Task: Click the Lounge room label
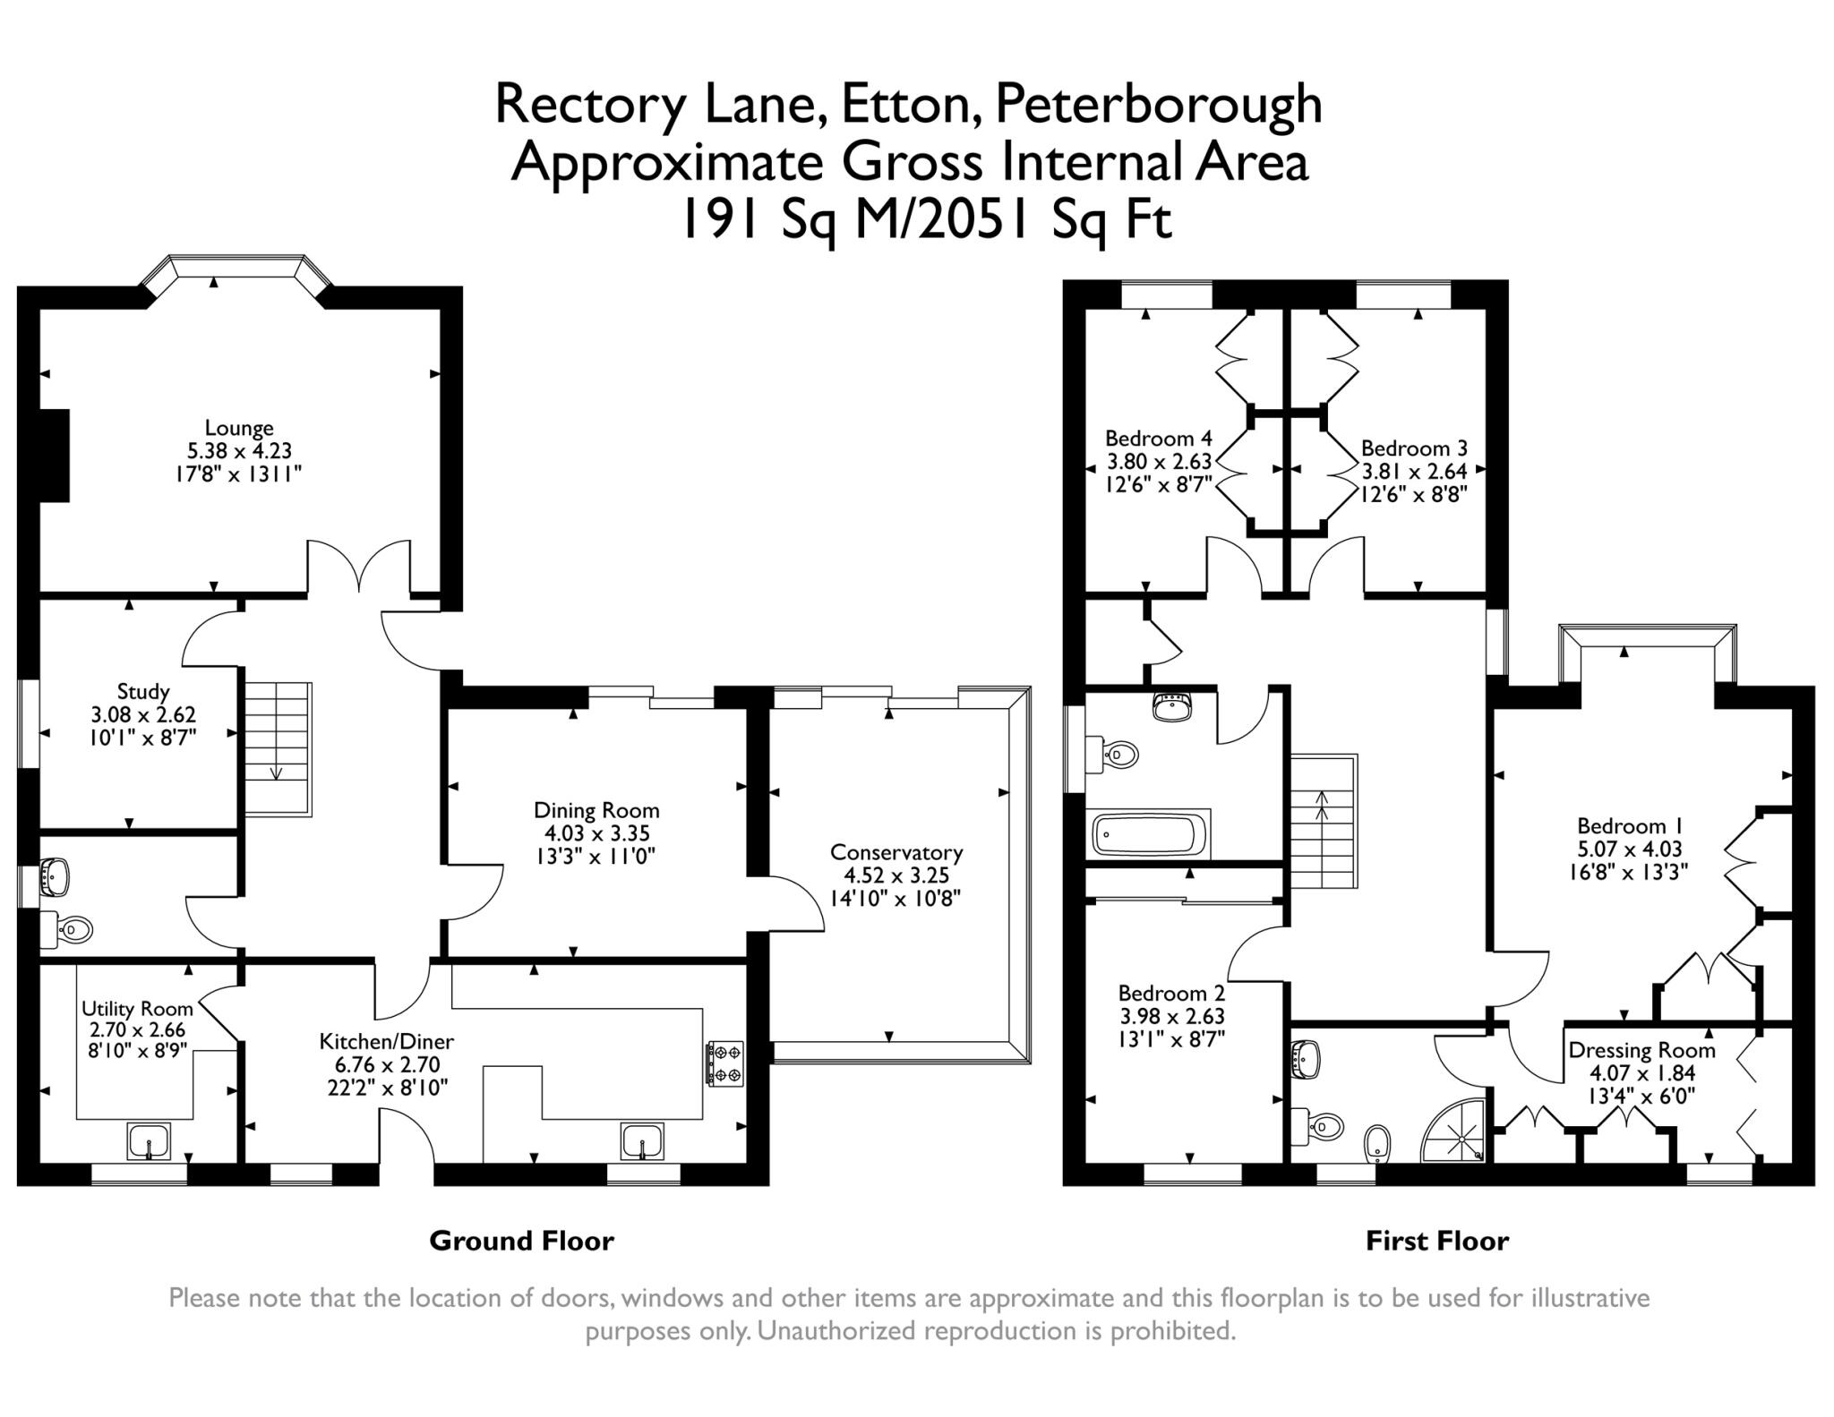click(239, 428)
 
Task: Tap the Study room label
click(143, 691)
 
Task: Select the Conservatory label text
click(896, 852)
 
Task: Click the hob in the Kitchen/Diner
click(725, 1063)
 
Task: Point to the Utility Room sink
click(149, 1141)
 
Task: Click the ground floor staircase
click(279, 749)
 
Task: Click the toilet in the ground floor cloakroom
click(66, 931)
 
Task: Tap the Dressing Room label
click(1642, 1050)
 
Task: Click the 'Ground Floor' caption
click(522, 1241)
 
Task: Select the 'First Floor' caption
click(1437, 1241)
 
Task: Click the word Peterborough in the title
click(1159, 105)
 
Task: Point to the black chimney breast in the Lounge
click(55, 456)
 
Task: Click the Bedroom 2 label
click(1172, 993)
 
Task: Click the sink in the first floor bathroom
click(1172, 707)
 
